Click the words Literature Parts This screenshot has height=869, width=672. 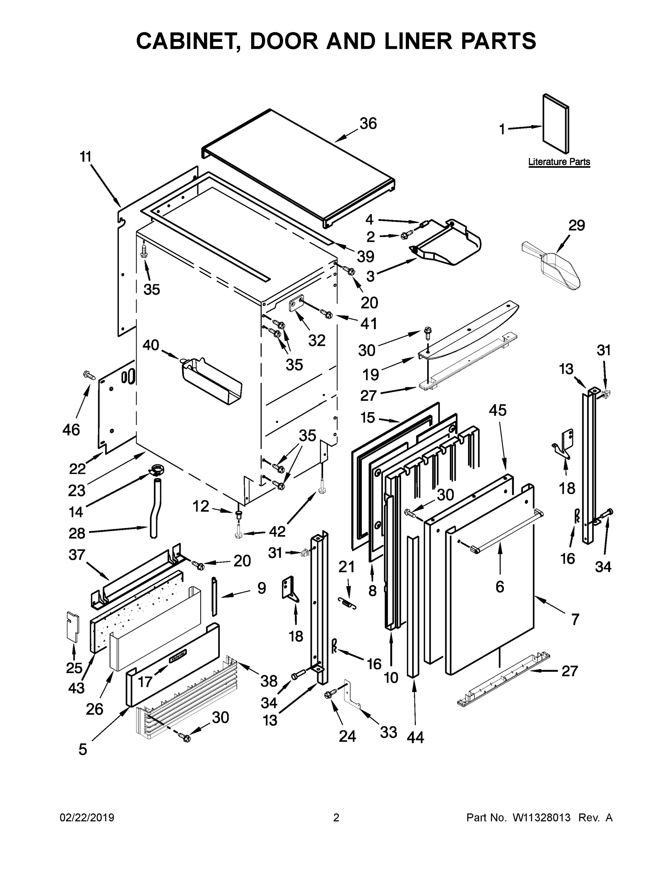pyautogui.click(x=559, y=162)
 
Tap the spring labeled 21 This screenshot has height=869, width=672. pyautogui.click(x=347, y=604)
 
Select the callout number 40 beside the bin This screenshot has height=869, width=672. pyautogui.click(x=151, y=345)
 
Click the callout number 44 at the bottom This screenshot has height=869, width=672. pyautogui.click(x=415, y=737)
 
